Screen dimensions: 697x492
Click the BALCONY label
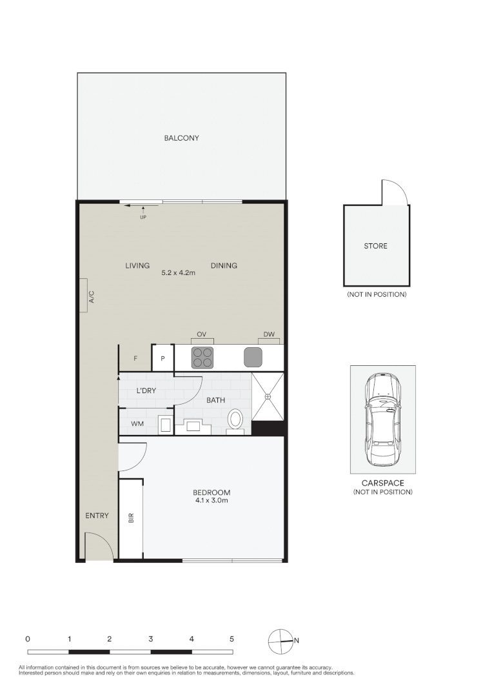[181, 138]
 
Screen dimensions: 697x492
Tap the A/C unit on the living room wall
[84, 296]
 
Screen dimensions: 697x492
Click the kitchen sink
[253, 357]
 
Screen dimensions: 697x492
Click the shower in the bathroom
[267, 396]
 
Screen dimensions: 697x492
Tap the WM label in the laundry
[137, 424]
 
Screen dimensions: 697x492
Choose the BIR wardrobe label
[131, 518]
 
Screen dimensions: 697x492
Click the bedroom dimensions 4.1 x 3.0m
[212, 501]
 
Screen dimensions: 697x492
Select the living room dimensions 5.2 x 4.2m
[178, 273]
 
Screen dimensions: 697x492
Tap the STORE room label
[376, 246]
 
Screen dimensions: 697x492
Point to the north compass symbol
[280, 641]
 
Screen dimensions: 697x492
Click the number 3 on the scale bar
[151, 638]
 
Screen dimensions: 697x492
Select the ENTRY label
[97, 516]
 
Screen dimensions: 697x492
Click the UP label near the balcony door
[143, 217]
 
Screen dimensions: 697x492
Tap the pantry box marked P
[162, 358]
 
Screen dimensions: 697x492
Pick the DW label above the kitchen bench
[269, 334]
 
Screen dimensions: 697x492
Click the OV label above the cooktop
[201, 334]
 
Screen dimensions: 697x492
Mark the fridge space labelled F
[135, 358]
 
